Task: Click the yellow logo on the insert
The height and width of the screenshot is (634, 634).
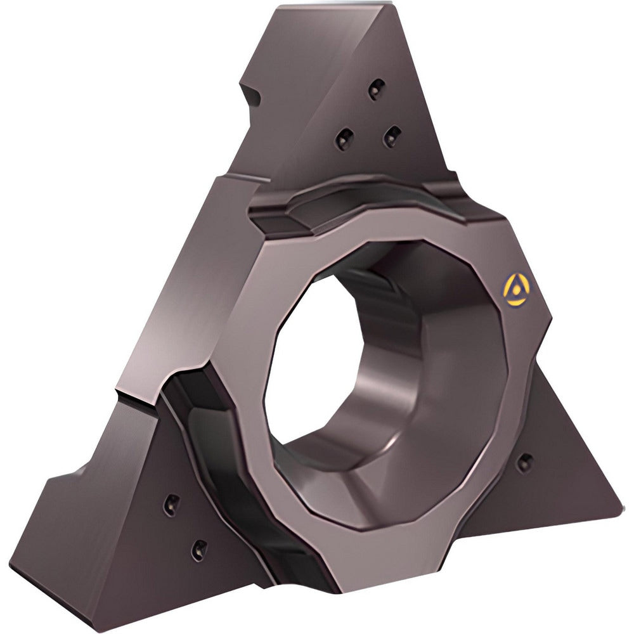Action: pos(515,290)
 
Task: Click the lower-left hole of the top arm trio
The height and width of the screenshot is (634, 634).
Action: pos(344,138)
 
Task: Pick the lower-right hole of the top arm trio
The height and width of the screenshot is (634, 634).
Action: pos(391,135)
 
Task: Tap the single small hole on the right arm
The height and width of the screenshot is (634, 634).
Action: pos(524,463)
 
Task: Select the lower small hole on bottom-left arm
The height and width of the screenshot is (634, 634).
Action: pos(198,549)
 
